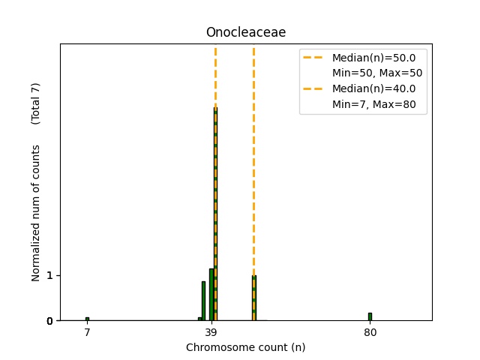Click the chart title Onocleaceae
(246, 33)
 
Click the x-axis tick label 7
(87, 332)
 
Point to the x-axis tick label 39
(211, 332)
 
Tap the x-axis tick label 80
(370, 332)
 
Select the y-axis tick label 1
(49, 276)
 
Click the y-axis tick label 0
(49, 321)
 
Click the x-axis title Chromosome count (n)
(246, 347)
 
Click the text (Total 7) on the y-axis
(35, 103)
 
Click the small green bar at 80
(370, 316)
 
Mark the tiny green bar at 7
(87, 319)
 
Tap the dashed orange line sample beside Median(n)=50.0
(315, 57)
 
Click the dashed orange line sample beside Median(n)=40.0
(315, 89)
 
